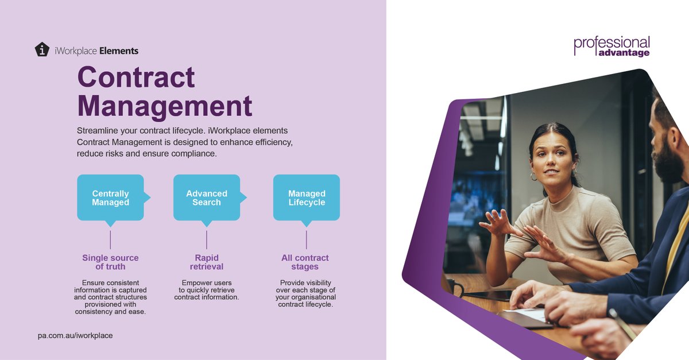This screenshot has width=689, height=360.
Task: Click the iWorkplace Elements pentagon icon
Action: [42, 49]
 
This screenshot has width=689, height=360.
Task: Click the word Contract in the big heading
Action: [136, 78]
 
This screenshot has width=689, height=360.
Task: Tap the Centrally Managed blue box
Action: [110, 198]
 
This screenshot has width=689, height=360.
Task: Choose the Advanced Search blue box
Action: [207, 198]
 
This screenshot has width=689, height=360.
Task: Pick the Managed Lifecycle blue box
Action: [307, 198]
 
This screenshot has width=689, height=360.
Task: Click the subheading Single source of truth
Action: [110, 262]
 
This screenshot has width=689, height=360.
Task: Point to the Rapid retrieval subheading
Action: [207, 262]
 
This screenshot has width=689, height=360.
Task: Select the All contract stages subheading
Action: [305, 262]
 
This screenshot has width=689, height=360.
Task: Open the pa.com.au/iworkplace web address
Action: [72, 335]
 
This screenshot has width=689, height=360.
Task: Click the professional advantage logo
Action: [611, 46]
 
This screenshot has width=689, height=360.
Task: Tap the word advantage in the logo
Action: [624, 53]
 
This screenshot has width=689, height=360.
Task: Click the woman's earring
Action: [534, 176]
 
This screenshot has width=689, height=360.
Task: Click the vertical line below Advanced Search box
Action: [207, 239]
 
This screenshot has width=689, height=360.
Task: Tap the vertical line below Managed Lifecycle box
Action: [307, 239]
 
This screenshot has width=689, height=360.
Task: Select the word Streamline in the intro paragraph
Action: [97, 130]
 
